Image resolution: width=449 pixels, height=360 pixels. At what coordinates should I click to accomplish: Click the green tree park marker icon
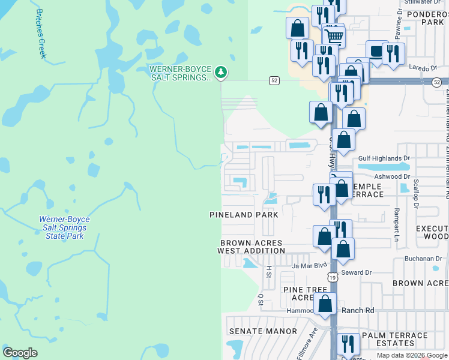click(x=221, y=73)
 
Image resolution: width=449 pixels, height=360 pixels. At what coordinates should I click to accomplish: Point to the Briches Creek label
click(x=41, y=33)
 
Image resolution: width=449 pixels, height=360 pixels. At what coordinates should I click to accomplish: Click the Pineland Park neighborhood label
click(x=244, y=214)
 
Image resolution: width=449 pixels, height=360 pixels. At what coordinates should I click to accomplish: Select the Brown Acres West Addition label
click(x=250, y=247)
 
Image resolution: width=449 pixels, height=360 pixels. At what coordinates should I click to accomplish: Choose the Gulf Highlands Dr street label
click(x=384, y=158)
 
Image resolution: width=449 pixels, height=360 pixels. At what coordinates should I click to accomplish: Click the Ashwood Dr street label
click(x=391, y=176)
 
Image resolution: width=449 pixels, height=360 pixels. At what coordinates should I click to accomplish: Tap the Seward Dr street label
click(x=357, y=272)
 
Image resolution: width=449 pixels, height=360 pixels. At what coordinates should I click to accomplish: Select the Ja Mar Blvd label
click(x=309, y=265)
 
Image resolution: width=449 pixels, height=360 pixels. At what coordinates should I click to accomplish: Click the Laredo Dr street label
click(x=424, y=68)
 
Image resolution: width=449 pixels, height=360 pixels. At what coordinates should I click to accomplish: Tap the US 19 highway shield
click(x=333, y=277)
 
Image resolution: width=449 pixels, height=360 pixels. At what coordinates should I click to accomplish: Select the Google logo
click(x=20, y=353)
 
